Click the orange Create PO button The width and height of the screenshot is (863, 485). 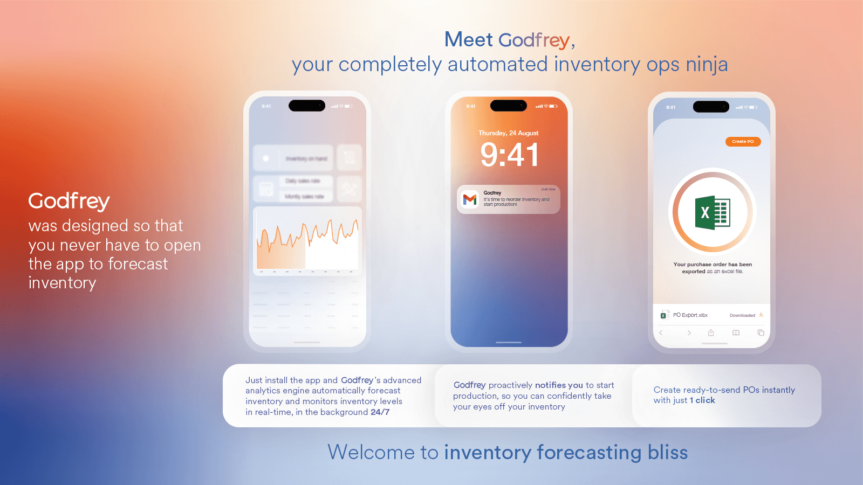[x=743, y=142]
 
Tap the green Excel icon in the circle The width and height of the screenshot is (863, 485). [x=712, y=213]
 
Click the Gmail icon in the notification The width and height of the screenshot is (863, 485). [x=470, y=199]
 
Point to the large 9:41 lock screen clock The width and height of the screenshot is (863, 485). [x=509, y=155]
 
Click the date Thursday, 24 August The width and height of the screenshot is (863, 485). [x=508, y=133]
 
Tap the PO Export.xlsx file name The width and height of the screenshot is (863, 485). [x=690, y=315]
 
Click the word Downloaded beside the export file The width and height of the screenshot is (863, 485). [x=742, y=315]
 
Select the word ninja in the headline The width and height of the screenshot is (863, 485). [x=707, y=65]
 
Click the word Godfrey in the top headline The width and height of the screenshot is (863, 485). [x=533, y=40]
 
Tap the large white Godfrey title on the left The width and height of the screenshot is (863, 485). [x=69, y=202]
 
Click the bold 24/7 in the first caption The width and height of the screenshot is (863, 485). [x=380, y=412]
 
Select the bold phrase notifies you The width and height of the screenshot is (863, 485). [x=559, y=385]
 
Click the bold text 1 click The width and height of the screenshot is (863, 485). [x=702, y=400]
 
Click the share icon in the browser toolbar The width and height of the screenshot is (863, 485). [x=711, y=332]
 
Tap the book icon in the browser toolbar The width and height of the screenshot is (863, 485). [x=736, y=332]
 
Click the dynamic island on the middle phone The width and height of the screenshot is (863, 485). [x=508, y=106]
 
